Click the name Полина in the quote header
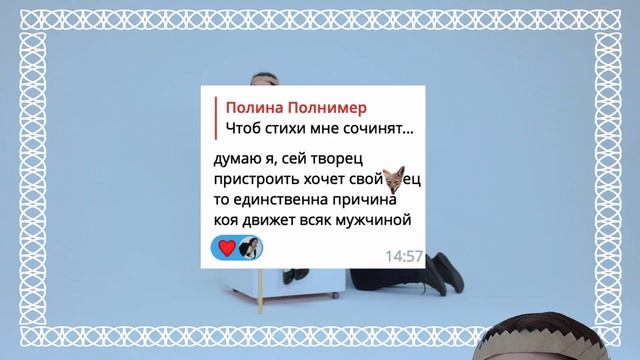253,107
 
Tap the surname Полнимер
326,107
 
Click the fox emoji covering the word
394,179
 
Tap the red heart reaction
226,248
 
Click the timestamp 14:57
405,256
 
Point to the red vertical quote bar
214,118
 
